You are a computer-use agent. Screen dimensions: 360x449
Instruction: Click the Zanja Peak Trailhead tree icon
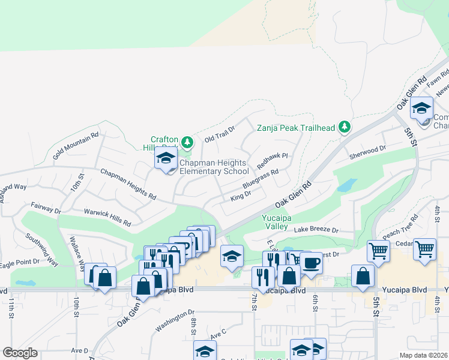[345, 127]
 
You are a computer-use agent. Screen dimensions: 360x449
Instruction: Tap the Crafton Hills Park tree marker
[188, 142]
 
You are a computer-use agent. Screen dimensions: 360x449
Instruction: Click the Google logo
[20, 353]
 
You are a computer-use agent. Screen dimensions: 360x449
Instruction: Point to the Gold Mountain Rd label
[75, 146]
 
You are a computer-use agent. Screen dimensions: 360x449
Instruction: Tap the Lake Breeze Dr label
[316, 230]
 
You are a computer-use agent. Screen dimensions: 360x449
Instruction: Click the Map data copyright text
[423, 355]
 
